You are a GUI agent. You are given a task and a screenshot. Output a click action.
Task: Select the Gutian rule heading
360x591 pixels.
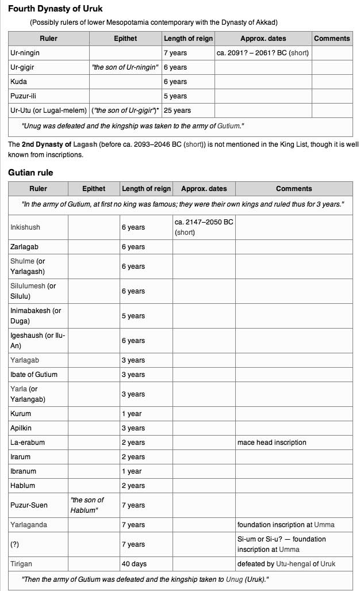[30, 172]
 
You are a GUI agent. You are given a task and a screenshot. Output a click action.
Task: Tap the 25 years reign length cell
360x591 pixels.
[177, 110]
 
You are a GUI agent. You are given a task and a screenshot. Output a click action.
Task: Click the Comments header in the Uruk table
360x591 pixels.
[332, 39]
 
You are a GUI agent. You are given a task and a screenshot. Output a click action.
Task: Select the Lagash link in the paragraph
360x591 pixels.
[85, 144]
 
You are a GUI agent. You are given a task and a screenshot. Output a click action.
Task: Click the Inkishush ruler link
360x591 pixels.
[25, 227]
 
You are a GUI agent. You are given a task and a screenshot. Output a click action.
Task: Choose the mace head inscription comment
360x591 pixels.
[271, 443]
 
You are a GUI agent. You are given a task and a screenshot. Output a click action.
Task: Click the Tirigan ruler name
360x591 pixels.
[22, 563]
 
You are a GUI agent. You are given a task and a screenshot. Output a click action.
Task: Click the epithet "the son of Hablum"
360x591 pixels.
[87, 505]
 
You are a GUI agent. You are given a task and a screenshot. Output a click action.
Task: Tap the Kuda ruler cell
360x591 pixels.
[19, 82]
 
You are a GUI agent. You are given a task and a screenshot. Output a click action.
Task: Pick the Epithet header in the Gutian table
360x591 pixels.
[94, 188]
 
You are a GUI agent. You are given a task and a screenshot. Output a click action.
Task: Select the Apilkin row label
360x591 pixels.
[21, 428]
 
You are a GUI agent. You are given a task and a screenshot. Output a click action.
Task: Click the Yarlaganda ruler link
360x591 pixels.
[29, 525]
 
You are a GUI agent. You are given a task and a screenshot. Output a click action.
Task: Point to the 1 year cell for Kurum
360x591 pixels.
[131, 414]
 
